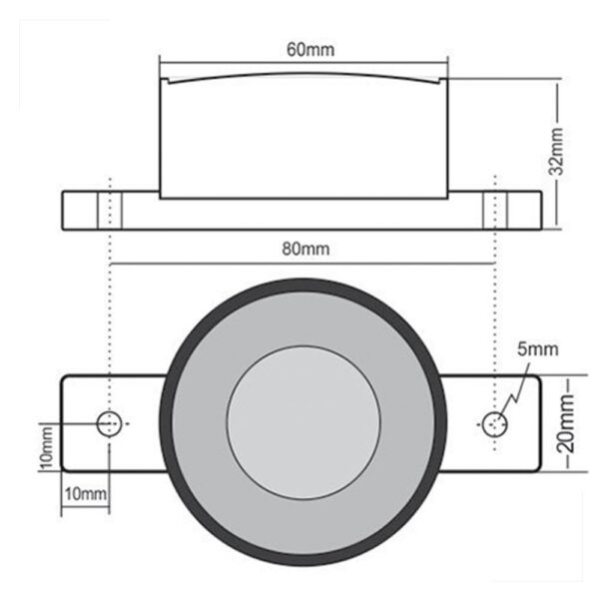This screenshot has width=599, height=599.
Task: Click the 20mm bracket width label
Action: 567,424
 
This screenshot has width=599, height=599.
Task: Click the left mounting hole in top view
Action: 110,423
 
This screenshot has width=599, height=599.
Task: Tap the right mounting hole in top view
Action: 494,423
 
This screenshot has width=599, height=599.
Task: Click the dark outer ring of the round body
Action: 303,290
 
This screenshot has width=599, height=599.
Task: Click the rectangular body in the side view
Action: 303,140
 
